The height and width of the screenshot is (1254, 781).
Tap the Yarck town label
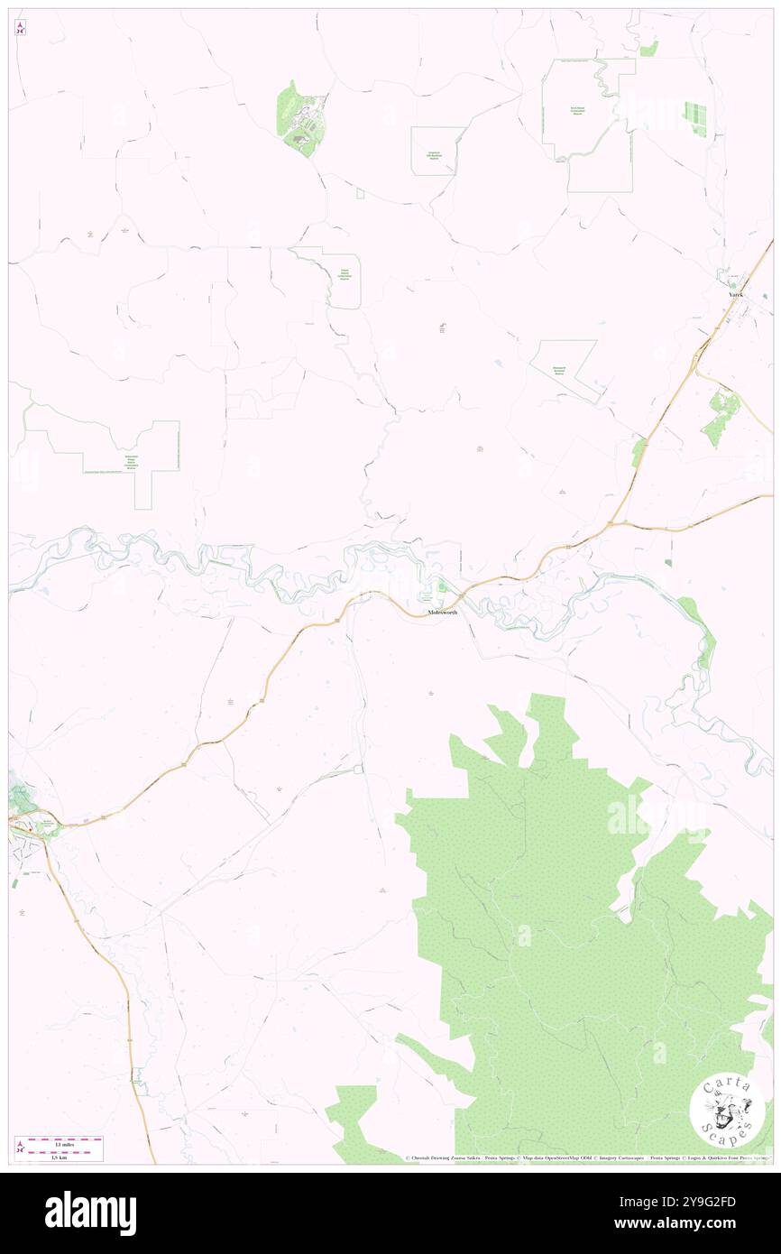(x=736, y=295)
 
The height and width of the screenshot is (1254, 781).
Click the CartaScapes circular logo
(x=727, y=1109)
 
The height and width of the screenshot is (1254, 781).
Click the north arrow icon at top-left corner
(x=20, y=28)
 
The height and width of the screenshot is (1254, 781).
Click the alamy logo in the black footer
(x=90, y=1213)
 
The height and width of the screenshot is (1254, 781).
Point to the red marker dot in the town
(x=34, y=822)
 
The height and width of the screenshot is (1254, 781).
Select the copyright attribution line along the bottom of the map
(x=586, y=1158)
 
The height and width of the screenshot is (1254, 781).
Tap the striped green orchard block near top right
(x=695, y=118)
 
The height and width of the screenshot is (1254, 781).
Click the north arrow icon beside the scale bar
(x=20, y=1148)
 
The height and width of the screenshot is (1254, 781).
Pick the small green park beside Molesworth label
(x=442, y=588)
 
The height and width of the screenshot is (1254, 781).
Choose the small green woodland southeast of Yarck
(x=720, y=417)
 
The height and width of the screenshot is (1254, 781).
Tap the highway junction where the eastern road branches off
(x=611, y=522)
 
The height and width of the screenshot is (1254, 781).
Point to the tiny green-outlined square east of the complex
(x=360, y=193)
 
